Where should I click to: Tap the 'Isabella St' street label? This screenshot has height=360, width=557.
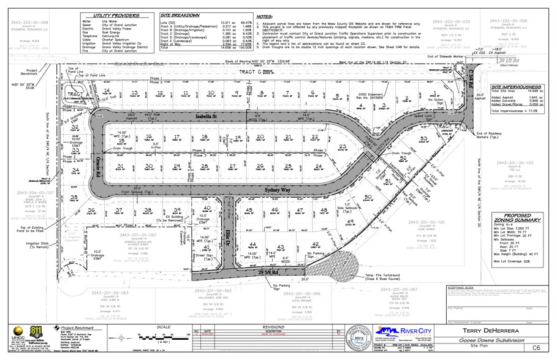206,115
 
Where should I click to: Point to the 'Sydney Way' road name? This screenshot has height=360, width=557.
276,190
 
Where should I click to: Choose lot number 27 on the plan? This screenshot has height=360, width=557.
233,166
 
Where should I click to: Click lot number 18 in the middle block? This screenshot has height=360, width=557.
205,137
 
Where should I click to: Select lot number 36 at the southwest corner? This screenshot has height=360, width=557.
91,210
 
